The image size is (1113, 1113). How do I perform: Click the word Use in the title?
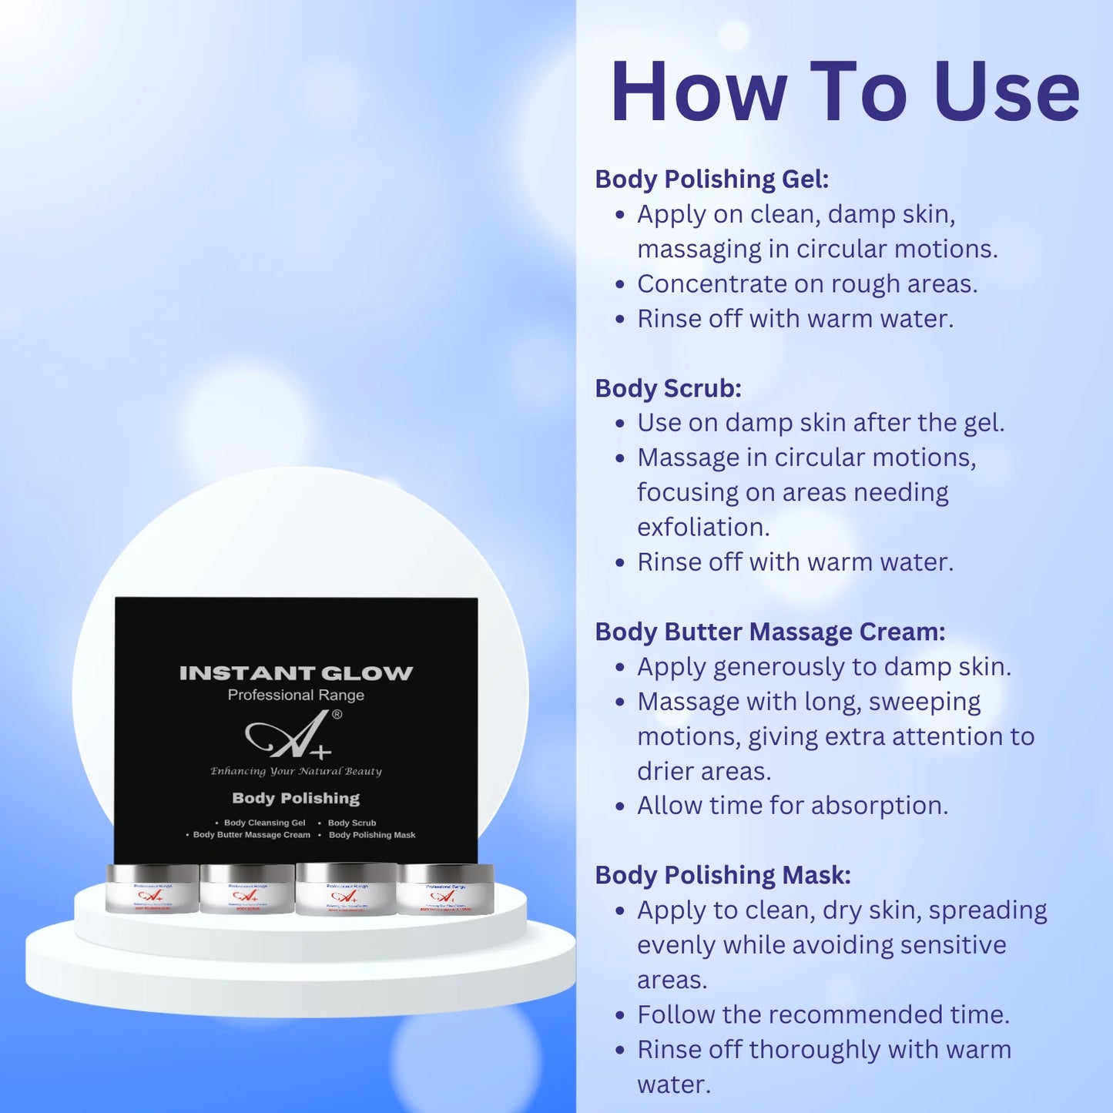click(1007, 92)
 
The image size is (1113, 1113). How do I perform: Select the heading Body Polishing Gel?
click(712, 179)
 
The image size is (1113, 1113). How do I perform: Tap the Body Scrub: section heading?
click(668, 388)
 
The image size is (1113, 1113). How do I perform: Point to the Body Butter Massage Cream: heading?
click(769, 632)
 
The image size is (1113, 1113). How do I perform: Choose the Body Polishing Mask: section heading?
click(722, 875)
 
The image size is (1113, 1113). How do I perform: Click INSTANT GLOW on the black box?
click(296, 673)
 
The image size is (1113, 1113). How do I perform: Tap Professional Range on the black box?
click(296, 695)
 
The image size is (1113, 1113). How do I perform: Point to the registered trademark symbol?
click(337, 714)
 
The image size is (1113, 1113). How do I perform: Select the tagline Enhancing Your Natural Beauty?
click(296, 771)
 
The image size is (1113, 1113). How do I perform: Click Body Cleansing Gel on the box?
click(264, 823)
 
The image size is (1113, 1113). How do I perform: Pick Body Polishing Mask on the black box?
click(371, 835)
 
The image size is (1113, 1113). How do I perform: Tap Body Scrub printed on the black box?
click(352, 823)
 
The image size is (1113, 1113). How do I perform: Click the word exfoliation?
click(702, 528)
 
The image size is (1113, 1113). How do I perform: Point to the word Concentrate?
click(712, 284)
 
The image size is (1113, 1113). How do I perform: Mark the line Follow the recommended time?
click(823, 1014)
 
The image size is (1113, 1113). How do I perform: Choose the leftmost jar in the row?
click(153, 889)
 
